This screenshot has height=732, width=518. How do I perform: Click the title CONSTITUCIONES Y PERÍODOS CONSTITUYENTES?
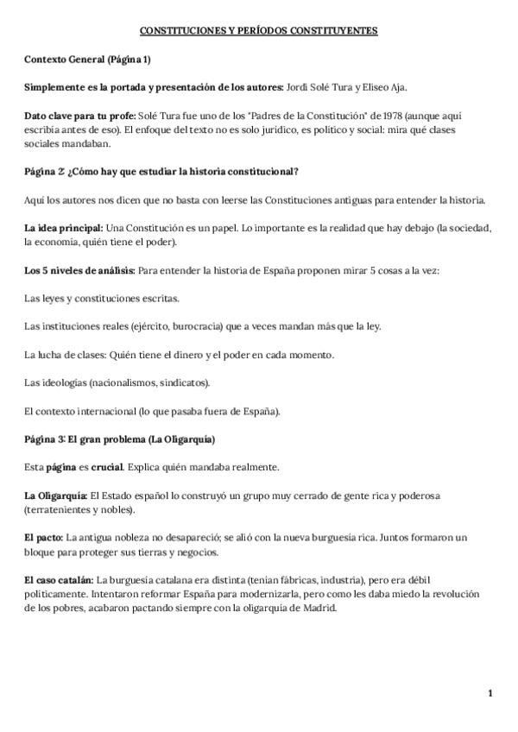coord(259,31)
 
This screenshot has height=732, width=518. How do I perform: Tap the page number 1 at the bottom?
coord(490,693)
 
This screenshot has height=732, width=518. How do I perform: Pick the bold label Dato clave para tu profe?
coord(71,117)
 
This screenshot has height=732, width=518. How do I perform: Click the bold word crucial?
coord(108,466)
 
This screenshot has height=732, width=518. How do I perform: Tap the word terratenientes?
coord(54,509)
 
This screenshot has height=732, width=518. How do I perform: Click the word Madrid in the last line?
coord(317,607)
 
